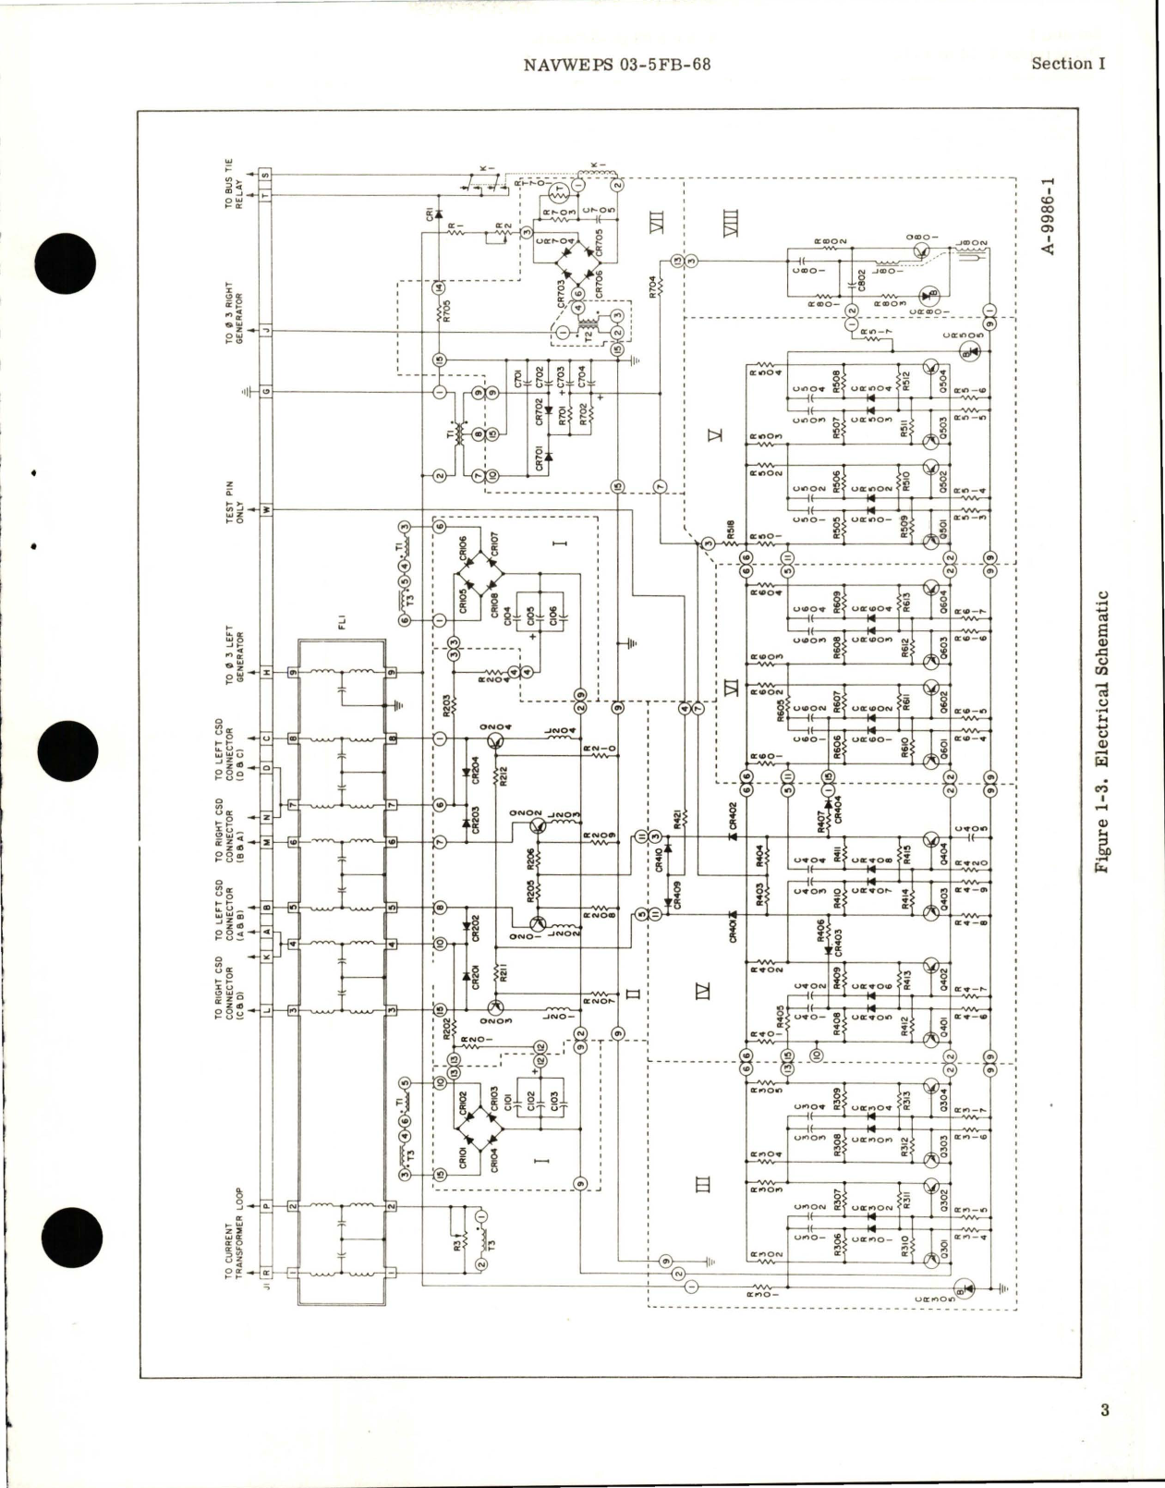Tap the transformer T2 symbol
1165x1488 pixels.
click(586, 328)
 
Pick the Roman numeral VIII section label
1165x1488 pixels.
click(733, 221)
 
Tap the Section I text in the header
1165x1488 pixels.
click(1068, 64)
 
